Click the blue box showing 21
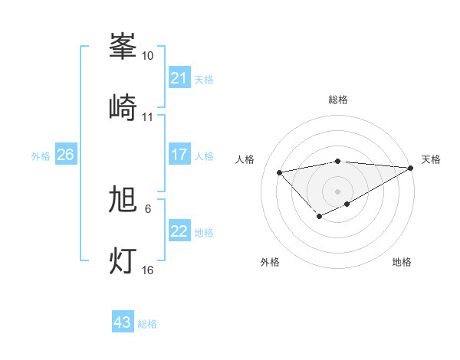coord(179,78)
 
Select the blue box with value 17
coord(179,155)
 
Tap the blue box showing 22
coord(179,231)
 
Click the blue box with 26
coord(65,155)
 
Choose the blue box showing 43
coord(122,322)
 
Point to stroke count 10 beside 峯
coord(147,56)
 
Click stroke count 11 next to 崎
coord(147,117)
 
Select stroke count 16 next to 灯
coord(147,270)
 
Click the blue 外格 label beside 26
coord(41,155)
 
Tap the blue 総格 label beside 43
coord(147,324)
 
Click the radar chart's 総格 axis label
coord(338,100)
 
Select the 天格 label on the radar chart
coord(431,159)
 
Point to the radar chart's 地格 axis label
coord(402,262)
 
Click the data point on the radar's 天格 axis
coord(412,168)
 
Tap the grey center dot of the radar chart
coord(338,191)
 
